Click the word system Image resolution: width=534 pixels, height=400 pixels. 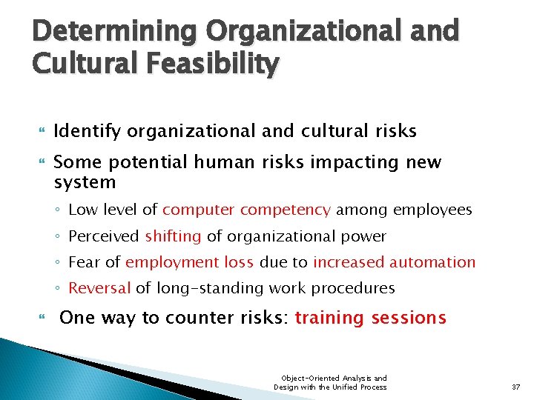click(85, 182)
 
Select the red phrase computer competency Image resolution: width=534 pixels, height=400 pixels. click(247, 210)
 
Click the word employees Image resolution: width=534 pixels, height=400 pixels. click(434, 210)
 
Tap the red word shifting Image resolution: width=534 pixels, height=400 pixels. click(173, 236)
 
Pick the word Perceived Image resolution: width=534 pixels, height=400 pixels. click(104, 236)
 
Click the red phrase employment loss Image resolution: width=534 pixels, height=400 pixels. click(190, 262)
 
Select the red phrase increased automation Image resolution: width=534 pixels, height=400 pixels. click(395, 262)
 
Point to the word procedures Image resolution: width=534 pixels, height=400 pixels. click(353, 288)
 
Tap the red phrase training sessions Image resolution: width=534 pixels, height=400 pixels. click(371, 318)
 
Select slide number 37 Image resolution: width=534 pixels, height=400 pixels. click(516, 387)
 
